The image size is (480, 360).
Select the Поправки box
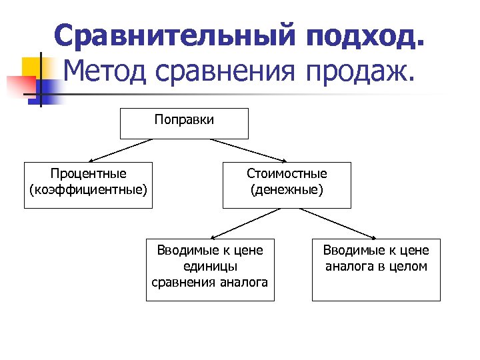pyautogui.click(x=184, y=123)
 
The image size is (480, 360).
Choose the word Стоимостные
pyautogui.click(x=287, y=174)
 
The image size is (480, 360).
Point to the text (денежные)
pyautogui.click(x=287, y=190)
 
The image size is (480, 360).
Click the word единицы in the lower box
pyautogui.click(x=210, y=266)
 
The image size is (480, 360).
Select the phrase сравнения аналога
pyautogui.click(x=210, y=282)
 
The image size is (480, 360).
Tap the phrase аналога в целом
pyautogui.click(x=376, y=266)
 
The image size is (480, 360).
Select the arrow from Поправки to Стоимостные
pyautogui.click(x=248, y=150)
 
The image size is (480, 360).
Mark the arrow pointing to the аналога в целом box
pyautogui.click(x=339, y=223)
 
